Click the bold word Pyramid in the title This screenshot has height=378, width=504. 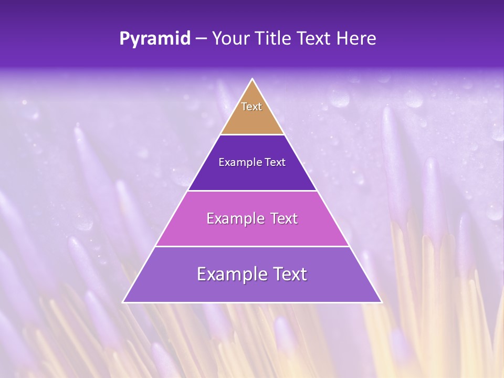[x=155, y=39]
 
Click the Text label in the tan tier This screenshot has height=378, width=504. [x=251, y=107]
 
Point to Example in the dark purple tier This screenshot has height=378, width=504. [x=239, y=163]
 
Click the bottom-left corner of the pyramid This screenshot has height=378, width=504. [x=123, y=302]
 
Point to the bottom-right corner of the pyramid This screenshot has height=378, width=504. [x=382, y=302]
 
